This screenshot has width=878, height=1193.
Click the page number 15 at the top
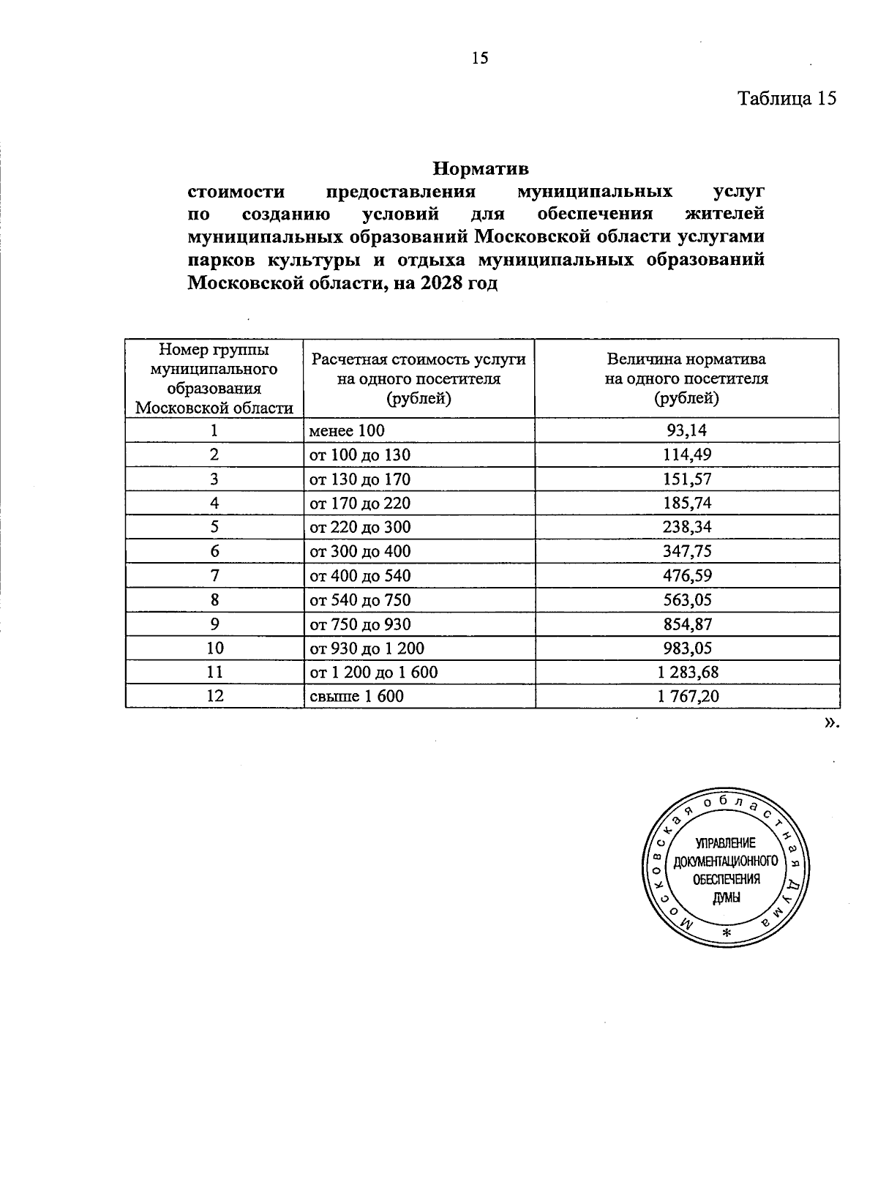pyautogui.click(x=480, y=59)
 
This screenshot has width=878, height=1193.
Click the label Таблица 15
pyautogui.click(x=786, y=99)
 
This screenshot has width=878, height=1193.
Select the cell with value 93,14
pyautogui.click(x=686, y=431)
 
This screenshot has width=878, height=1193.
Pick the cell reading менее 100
pyautogui.click(x=347, y=431)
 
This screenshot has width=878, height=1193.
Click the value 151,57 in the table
pyautogui.click(x=686, y=479)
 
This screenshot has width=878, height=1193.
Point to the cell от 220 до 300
pyautogui.click(x=360, y=528)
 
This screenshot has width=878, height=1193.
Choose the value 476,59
pyautogui.click(x=686, y=576)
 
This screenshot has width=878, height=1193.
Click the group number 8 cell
pyautogui.click(x=214, y=600)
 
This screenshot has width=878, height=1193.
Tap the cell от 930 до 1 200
pyautogui.click(x=367, y=648)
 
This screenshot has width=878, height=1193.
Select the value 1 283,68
pyautogui.click(x=686, y=673)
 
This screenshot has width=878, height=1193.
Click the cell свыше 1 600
pyautogui.click(x=356, y=697)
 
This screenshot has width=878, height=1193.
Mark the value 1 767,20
pyautogui.click(x=686, y=697)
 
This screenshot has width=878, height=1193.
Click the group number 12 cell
pyautogui.click(x=214, y=697)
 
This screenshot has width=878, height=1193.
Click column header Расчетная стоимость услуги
pyautogui.click(x=419, y=359)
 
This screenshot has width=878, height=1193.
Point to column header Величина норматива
pyautogui.click(x=686, y=359)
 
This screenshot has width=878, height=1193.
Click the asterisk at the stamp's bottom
pyautogui.click(x=726, y=934)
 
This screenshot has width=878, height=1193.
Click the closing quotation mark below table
pyautogui.click(x=830, y=723)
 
